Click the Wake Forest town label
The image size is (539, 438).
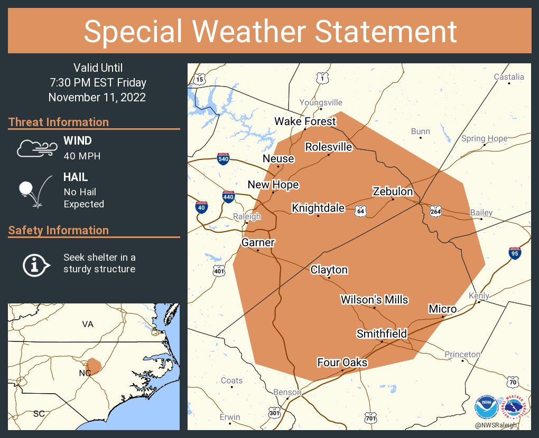(305, 121)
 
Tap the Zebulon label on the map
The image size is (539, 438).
(393, 191)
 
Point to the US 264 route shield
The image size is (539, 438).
(435, 211)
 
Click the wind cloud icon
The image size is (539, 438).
(36, 148)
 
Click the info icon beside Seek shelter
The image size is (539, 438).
(35, 264)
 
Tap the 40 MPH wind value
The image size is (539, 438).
(82, 156)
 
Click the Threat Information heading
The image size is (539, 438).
(59, 122)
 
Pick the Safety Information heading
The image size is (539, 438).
(59, 230)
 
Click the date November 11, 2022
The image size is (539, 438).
(97, 98)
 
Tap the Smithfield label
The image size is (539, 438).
(382, 334)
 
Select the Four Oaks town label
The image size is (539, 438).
(342, 363)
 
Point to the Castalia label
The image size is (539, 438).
(509, 77)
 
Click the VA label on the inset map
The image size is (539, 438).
(88, 324)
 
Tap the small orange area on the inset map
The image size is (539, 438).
(94, 365)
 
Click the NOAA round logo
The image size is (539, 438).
(486, 408)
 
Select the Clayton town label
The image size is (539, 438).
(329, 270)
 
